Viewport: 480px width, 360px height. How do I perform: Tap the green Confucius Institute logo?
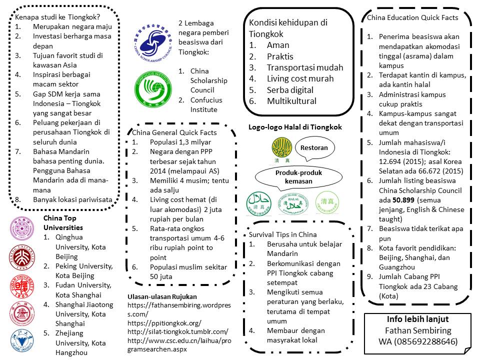pos(153,90)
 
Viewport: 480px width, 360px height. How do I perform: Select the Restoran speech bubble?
pos(314,148)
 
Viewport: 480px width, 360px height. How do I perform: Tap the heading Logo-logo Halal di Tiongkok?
pos(295,127)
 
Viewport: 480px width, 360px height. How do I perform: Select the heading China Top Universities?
pos(62,223)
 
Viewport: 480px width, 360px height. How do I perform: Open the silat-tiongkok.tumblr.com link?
pos(177,331)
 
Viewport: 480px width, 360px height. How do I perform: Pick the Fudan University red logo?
pos(22,286)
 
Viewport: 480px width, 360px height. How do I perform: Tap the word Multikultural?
pos(291,101)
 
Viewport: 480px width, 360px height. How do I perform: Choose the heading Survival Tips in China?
pos(282,234)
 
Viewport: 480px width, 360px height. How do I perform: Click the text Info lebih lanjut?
pos(418,319)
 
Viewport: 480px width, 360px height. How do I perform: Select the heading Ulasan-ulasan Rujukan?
pos(162,296)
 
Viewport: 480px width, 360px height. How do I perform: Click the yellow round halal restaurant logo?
pos(281,147)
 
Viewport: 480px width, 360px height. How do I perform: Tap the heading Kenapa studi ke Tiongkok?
pos(50,17)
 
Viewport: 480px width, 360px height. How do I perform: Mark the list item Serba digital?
pos(290,90)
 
